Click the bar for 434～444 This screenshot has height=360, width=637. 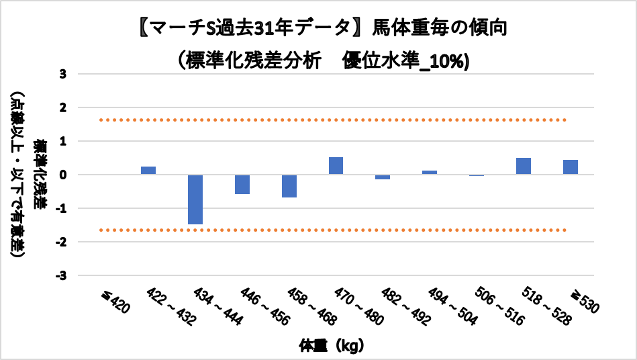[195, 199]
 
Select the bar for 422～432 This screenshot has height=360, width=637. [148, 170]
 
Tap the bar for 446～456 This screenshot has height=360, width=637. [242, 184]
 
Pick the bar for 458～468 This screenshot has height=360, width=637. [289, 186]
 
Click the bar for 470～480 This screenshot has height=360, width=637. [336, 166]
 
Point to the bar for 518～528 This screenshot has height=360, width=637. [524, 166]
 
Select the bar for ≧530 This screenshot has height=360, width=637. [571, 167]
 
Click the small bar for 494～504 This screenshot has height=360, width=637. [430, 173]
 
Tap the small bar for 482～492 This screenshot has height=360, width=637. [383, 177]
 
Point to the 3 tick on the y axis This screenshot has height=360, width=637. [63, 74]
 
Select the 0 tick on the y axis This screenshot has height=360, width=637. [63, 175]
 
